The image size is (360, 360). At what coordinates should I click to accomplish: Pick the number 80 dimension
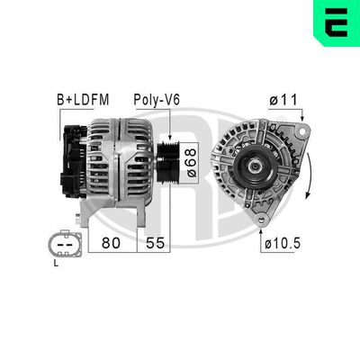point(112,241)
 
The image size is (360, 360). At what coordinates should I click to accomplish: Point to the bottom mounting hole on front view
point(261,220)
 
